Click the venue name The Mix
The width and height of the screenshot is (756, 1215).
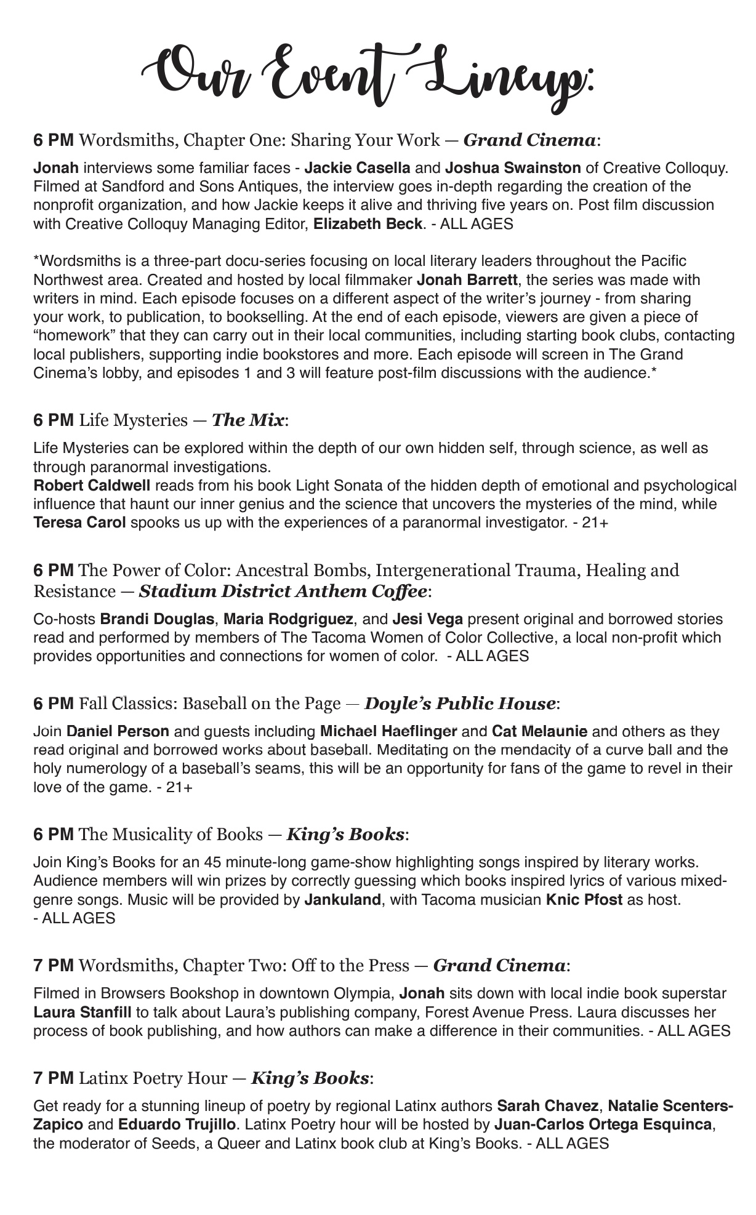click(x=248, y=420)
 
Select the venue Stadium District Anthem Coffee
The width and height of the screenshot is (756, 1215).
click(x=283, y=592)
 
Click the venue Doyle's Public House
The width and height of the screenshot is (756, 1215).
click(x=460, y=703)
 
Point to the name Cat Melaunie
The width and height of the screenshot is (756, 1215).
click(x=539, y=732)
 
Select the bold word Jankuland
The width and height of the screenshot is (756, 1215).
click(x=342, y=900)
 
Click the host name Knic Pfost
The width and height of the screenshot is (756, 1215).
click(x=584, y=900)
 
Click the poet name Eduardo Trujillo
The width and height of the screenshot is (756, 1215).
click(x=176, y=1125)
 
